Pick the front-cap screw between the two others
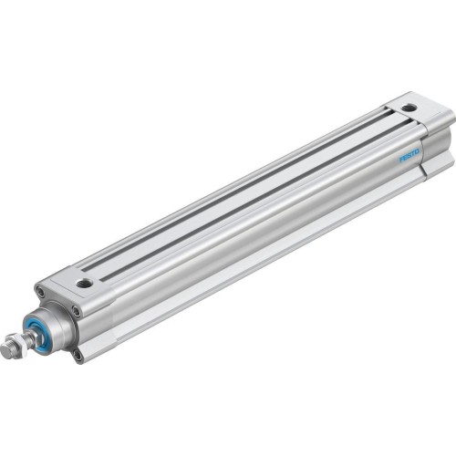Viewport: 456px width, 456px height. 77,311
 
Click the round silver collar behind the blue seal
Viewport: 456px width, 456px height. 53,319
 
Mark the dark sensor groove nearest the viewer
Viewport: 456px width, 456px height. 246,209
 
